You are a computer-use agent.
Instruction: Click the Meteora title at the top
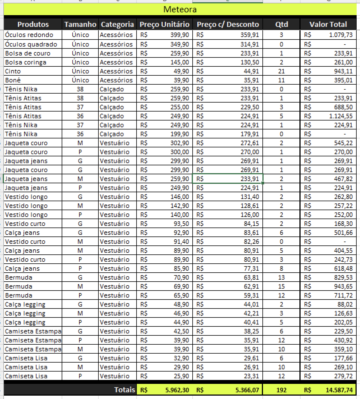coord(180,10)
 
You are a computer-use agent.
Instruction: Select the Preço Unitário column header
coord(164,24)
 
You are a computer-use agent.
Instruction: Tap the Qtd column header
coord(281,24)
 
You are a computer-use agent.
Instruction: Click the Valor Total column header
coord(328,24)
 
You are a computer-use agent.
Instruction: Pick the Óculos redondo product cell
coord(29,35)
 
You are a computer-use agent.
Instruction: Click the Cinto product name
coord(13,71)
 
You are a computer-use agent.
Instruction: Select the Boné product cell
coord(13,80)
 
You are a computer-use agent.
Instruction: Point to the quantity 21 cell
coord(281,71)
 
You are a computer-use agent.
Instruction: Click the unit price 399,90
coord(179,35)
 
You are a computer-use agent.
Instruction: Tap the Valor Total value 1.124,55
coord(340,116)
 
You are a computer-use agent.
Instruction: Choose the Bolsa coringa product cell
coord(26,62)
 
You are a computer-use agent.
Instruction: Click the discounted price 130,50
coord(250,62)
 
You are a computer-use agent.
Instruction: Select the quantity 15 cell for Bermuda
coord(281,286)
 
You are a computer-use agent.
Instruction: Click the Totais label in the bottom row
coord(124,389)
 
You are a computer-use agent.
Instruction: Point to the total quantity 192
coord(281,389)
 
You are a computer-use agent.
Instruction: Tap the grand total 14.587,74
coord(339,389)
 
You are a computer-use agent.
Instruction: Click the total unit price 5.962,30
coord(177,389)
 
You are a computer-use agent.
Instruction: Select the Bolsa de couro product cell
coord(28,53)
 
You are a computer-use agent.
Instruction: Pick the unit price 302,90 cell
coord(179,143)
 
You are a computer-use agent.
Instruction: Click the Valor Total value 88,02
coord(345,304)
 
